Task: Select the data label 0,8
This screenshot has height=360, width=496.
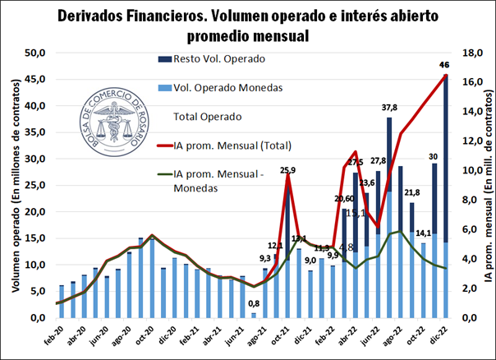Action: coord(255,306)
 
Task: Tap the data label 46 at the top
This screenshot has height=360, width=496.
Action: coord(444,65)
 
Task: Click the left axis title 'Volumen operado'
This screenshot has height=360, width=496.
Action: coord(15,185)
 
